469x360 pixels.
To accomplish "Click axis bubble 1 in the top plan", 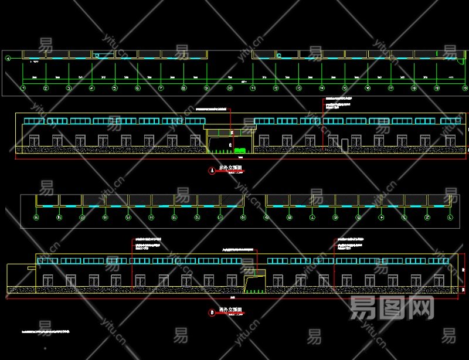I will (x=23, y=88).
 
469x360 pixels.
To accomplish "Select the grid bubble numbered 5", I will (x=115, y=88).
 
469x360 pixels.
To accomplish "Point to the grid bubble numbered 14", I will (x=322, y=88).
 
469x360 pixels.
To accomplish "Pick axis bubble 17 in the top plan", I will (x=391, y=88).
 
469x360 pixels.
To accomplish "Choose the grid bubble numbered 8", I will (x=183, y=88).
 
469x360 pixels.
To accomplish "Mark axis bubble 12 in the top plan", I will (x=276, y=88).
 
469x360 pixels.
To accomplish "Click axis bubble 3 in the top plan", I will (x=69, y=88).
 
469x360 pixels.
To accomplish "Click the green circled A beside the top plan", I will (x=8, y=58).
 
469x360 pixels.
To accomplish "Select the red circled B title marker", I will (x=212, y=312).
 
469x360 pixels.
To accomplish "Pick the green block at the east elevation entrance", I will (x=240, y=151).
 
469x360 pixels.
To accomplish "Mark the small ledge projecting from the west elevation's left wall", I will (x=30, y=265).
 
